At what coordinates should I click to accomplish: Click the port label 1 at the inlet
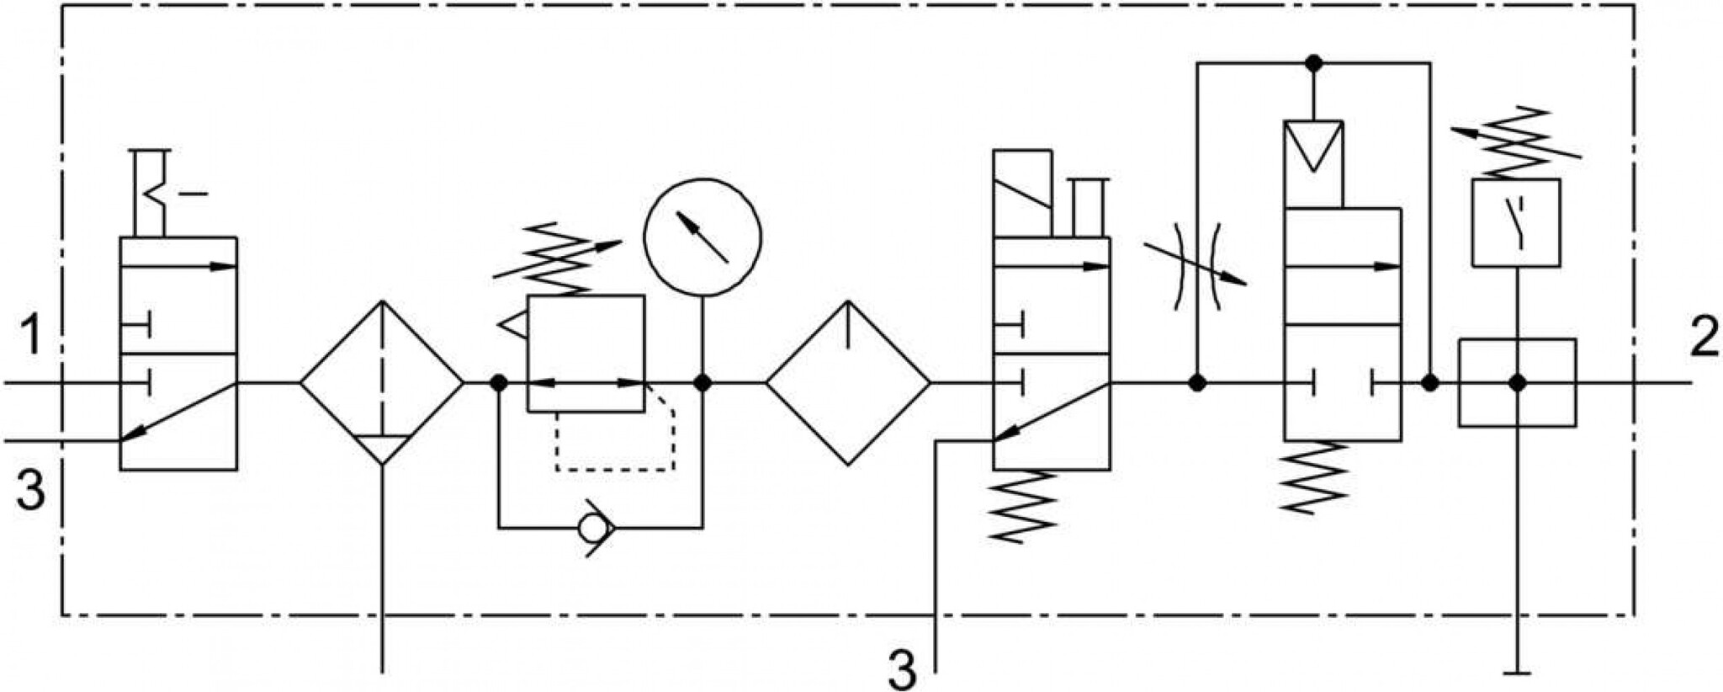point(30,335)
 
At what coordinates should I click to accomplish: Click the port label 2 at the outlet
point(1703,338)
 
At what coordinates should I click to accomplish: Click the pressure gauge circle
point(702,237)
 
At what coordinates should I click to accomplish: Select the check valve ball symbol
point(596,527)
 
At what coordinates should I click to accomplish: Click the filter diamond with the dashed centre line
point(382,383)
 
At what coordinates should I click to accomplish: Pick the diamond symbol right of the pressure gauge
point(848,383)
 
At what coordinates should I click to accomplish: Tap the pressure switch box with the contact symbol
point(1516,222)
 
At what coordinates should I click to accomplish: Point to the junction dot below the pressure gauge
point(702,383)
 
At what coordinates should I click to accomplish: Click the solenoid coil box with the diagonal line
point(1022,194)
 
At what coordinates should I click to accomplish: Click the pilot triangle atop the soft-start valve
point(1313,146)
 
